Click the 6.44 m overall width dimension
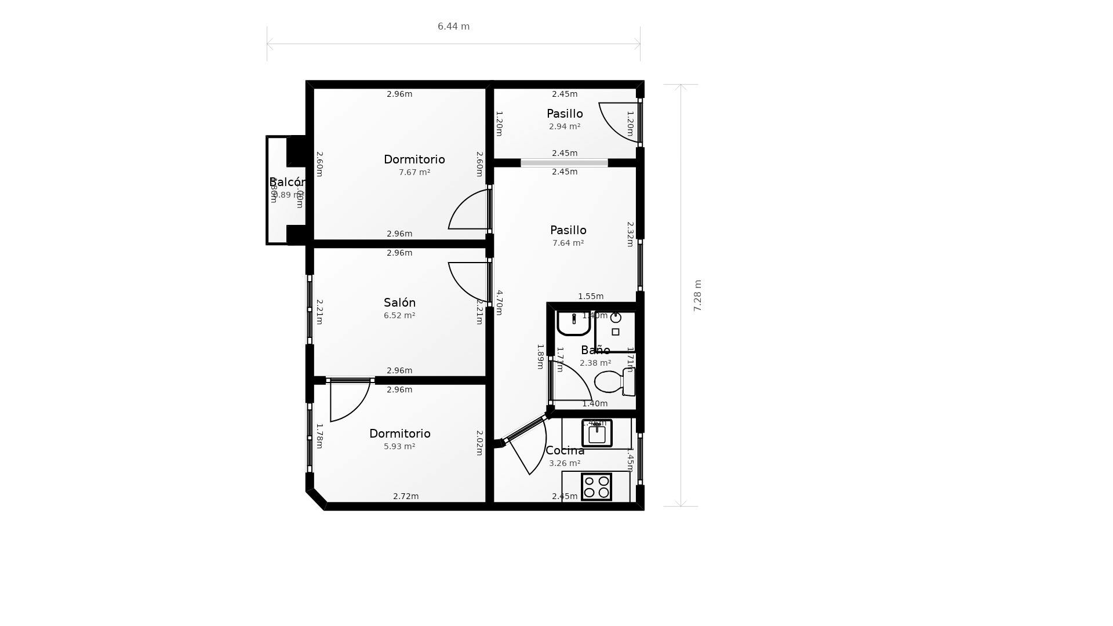pyautogui.click(x=453, y=27)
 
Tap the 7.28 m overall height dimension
pyautogui.click(x=697, y=296)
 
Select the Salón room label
pyautogui.click(x=399, y=303)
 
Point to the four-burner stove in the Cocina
pyautogui.click(x=596, y=487)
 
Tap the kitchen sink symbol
pyautogui.click(x=597, y=434)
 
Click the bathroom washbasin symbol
pyautogui.click(x=573, y=323)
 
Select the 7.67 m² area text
pyautogui.click(x=414, y=173)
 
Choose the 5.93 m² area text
pyautogui.click(x=399, y=447)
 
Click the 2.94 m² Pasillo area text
pyautogui.click(x=565, y=127)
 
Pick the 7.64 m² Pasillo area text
pyautogui.click(x=568, y=243)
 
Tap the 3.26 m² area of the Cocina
pyautogui.click(x=565, y=464)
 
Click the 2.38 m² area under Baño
pyautogui.click(x=595, y=363)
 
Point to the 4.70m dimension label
pyautogui.click(x=499, y=303)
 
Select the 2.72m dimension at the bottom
pyautogui.click(x=406, y=496)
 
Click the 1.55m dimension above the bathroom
pyautogui.click(x=591, y=296)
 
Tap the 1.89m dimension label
pyautogui.click(x=540, y=356)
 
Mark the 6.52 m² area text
pyautogui.click(x=399, y=316)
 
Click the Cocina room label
pyautogui.click(x=565, y=450)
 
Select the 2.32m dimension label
pyautogui.click(x=630, y=234)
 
